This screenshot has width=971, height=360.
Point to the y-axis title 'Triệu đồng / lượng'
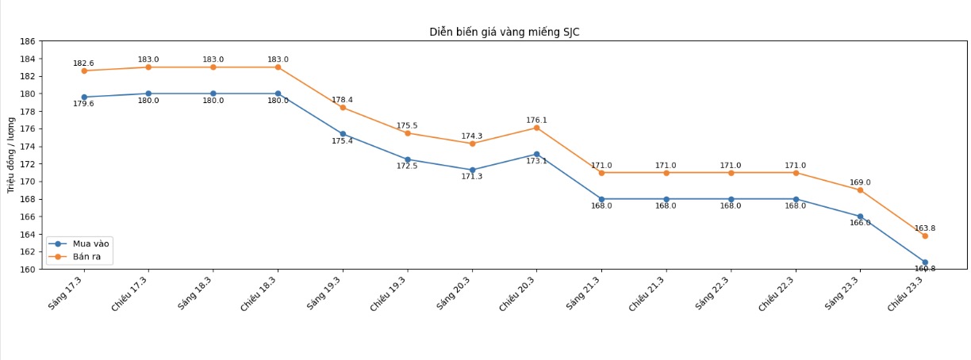click(11, 155)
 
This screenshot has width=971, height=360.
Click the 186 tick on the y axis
click(28, 41)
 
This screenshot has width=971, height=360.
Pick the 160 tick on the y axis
click(28, 270)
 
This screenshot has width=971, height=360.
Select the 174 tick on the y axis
click(28, 147)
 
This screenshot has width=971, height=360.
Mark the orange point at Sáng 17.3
click(84, 71)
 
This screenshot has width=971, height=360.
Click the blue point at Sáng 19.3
click(343, 134)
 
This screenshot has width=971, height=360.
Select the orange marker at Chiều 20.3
click(536, 128)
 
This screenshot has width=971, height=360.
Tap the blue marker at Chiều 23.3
click(925, 262)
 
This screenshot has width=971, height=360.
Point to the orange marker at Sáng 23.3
click(860, 190)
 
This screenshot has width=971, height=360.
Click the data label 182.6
click(83, 63)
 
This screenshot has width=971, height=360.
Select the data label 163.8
click(924, 228)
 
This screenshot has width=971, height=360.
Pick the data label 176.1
click(536, 121)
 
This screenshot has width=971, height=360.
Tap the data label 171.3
click(471, 177)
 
